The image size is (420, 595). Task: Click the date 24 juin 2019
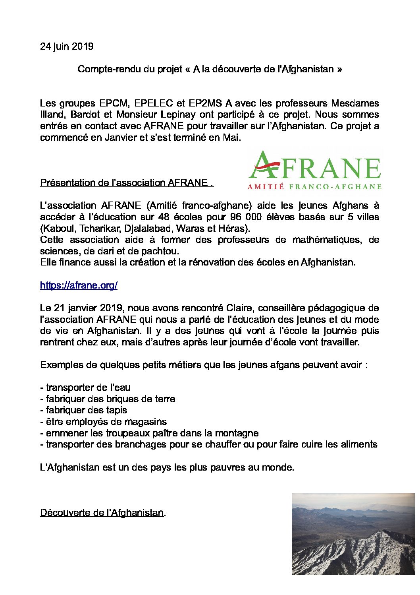(x=67, y=47)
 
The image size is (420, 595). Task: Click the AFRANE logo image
(x=314, y=170)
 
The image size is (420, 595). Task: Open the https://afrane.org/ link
(x=79, y=285)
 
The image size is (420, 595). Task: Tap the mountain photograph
(x=353, y=533)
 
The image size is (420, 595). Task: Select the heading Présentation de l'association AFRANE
(x=127, y=183)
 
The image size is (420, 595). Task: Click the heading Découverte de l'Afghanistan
(x=102, y=513)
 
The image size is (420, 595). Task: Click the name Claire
(x=239, y=308)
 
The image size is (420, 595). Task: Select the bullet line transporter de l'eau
(x=85, y=388)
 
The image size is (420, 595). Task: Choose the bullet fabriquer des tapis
(x=83, y=410)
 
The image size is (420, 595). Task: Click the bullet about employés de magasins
(x=103, y=422)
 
